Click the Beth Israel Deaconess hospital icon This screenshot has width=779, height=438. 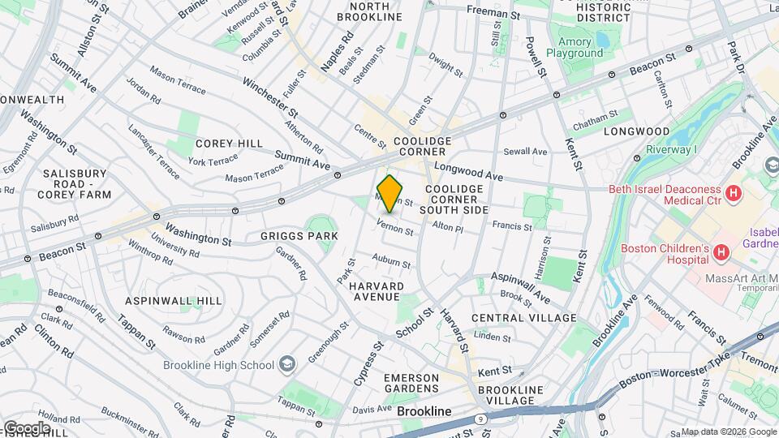[734, 193]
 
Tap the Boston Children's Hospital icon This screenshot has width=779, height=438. [719, 254]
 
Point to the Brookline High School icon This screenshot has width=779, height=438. [286, 364]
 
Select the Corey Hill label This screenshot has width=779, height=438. [229, 144]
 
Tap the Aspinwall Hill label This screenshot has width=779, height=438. [174, 300]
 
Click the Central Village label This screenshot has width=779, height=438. [523, 317]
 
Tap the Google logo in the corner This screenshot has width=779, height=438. [26, 427]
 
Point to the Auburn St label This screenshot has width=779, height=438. [392, 260]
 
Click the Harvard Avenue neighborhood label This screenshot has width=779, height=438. [377, 291]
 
